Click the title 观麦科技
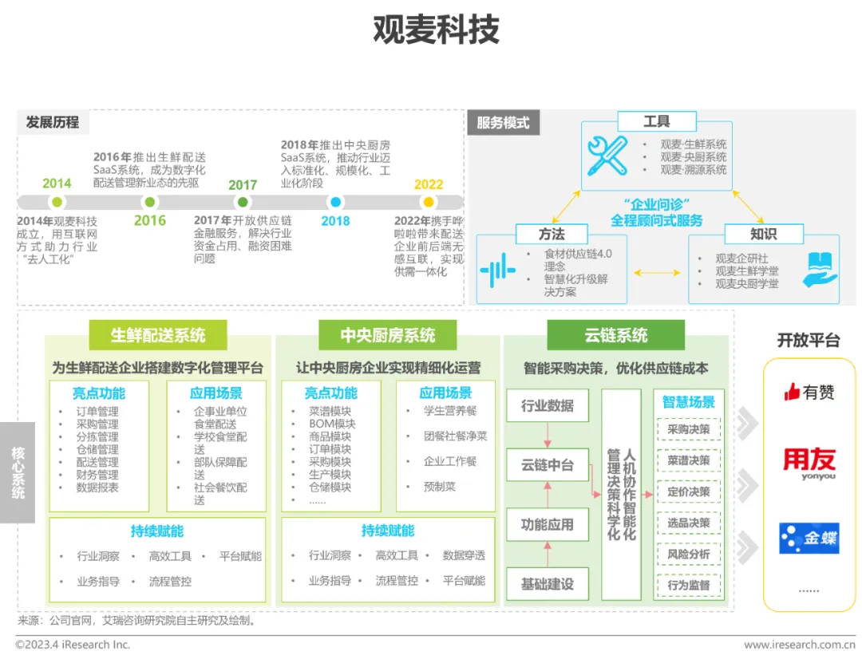436,30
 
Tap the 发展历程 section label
53,122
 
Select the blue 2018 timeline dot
336,203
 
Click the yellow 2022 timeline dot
429,203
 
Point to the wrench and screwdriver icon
607,156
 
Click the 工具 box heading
656,122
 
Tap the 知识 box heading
763,234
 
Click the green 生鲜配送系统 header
158,335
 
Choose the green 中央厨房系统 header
388,335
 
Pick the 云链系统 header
616,335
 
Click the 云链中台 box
548,465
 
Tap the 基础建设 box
548,584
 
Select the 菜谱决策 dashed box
688,460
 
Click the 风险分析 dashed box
688,554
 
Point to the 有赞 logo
809,392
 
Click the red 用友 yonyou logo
809,463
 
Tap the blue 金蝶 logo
809,539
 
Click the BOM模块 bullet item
332,424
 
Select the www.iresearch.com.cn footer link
800,645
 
